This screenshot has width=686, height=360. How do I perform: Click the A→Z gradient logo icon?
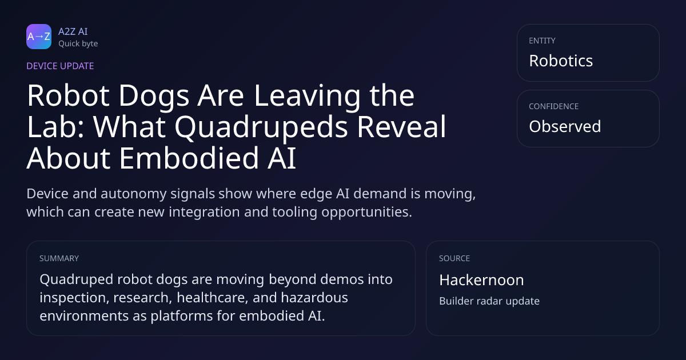coord(39,37)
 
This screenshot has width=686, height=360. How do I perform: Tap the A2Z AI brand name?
coord(73,31)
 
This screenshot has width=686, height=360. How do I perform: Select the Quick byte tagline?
coord(78,44)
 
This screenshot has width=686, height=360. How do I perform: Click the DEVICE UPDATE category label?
coord(60,66)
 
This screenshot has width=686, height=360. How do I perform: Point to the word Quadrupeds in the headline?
coord(261,127)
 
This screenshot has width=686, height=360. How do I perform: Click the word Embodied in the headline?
coord(189,158)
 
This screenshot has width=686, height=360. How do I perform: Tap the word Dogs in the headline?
coord(154,97)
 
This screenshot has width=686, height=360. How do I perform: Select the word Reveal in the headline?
coord(401,126)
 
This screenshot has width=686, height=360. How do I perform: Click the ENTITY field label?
coord(542,41)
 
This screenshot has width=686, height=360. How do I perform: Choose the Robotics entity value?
coord(561,61)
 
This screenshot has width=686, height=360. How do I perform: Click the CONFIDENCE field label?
coord(554,106)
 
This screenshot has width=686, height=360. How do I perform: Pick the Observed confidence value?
coord(565,126)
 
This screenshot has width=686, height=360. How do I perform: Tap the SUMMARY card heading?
coord(59,258)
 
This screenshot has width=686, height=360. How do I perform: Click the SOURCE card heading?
coord(454,258)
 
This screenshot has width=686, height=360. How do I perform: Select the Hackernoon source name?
coord(481,280)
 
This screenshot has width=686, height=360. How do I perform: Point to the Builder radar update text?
coord(489,301)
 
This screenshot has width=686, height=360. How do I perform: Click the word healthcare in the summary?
coord(213,298)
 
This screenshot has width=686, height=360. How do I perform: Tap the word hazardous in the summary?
coord(314,298)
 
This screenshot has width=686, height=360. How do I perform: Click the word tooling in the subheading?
coord(294,213)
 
